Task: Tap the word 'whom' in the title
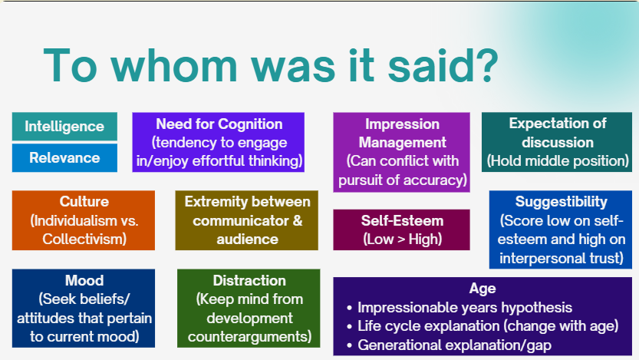pos(174,66)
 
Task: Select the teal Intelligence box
pos(64,127)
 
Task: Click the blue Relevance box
pos(64,158)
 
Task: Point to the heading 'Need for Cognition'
pos(219,124)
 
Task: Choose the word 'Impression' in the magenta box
pos(402,124)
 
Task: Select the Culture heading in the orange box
pos(84,201)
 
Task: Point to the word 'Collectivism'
pos(83,239)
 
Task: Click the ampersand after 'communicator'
pos(298,220)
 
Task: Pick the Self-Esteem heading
pos(402,220)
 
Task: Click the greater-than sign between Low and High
pos(401,239)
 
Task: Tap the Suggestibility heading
pos(562,202)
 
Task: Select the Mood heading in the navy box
pos(84,280)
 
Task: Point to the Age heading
pos(483,289)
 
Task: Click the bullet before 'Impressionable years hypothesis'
pos(349,308)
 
